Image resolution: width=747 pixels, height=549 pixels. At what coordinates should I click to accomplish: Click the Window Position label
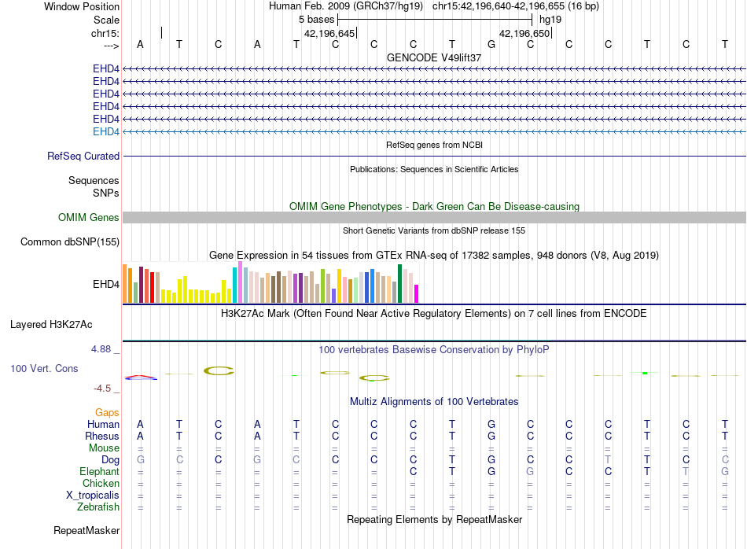82,6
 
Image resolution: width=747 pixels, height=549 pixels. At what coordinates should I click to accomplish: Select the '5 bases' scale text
316,20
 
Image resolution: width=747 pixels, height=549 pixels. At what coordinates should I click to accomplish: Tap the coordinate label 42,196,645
329,33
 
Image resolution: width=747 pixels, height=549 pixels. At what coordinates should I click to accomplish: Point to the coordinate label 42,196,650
524,33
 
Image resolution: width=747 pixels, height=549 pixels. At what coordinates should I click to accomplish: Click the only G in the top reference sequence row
491,44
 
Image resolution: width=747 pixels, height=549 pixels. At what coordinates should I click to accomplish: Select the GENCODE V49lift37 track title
434,57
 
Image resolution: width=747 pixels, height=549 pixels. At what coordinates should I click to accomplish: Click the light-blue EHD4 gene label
106,131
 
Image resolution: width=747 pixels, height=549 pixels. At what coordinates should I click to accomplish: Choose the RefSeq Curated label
83,156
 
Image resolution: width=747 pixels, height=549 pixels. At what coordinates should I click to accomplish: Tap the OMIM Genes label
89,217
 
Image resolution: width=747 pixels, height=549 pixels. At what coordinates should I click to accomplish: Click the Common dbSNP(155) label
70,241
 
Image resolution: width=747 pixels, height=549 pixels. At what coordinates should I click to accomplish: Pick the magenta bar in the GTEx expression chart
417,293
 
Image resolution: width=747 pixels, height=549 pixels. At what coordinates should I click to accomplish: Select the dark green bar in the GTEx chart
399,284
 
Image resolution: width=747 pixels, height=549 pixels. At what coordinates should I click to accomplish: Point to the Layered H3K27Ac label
51,325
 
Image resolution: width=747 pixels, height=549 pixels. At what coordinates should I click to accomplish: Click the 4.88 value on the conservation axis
101,349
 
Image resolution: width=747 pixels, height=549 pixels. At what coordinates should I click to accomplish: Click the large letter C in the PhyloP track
219,370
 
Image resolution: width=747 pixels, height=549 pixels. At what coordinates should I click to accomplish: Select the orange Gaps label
107,412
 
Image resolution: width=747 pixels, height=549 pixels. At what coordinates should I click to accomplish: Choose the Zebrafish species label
98,507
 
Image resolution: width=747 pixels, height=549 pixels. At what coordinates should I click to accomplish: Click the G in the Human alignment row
491,424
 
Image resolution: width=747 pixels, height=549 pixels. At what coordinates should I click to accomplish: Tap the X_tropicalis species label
93,496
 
